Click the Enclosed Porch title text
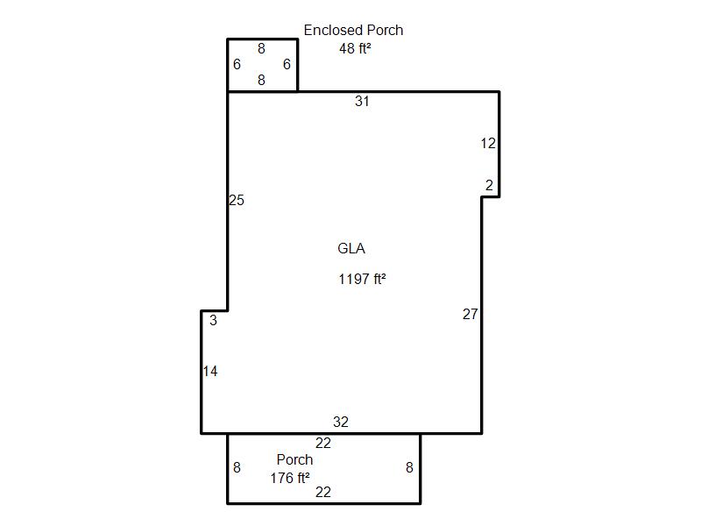point(353,30)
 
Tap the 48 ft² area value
point(355,48)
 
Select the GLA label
point(351,248)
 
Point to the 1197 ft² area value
point(362,279)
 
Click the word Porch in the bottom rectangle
point(294,459)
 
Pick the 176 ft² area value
point(290,478)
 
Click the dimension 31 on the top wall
point(362,101)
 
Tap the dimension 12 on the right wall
point(488,143)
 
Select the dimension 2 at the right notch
point(489,185)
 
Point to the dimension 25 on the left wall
point(237,200)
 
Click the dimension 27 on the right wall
point(470,314)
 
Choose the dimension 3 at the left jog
point(213,320)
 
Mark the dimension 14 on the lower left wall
point(210,371)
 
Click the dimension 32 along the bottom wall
point(341,422)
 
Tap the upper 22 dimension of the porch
point(323,444)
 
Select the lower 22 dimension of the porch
point(323,492)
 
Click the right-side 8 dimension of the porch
point(409,467)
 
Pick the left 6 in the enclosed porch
point(237,64)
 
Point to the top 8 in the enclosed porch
point(261,48)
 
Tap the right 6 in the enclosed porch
point(287,64)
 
